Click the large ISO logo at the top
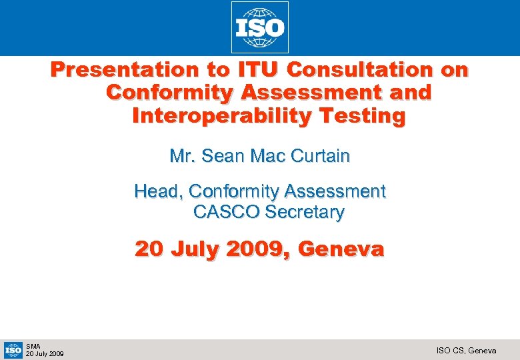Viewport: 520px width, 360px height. tap(260, 27)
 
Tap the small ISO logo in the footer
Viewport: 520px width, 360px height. tap(13, 349)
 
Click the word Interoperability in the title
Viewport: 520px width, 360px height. tap(221, 116)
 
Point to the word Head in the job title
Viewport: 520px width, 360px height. tap(159, 192)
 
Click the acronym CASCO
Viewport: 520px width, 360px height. tap(226, 213)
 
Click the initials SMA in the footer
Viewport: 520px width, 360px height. tap(33, 346)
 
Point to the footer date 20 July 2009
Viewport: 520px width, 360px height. tap(45, 353)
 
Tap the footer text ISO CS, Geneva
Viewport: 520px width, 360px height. tap(466, 350)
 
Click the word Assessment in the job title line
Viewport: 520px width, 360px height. tap(335, 192)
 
